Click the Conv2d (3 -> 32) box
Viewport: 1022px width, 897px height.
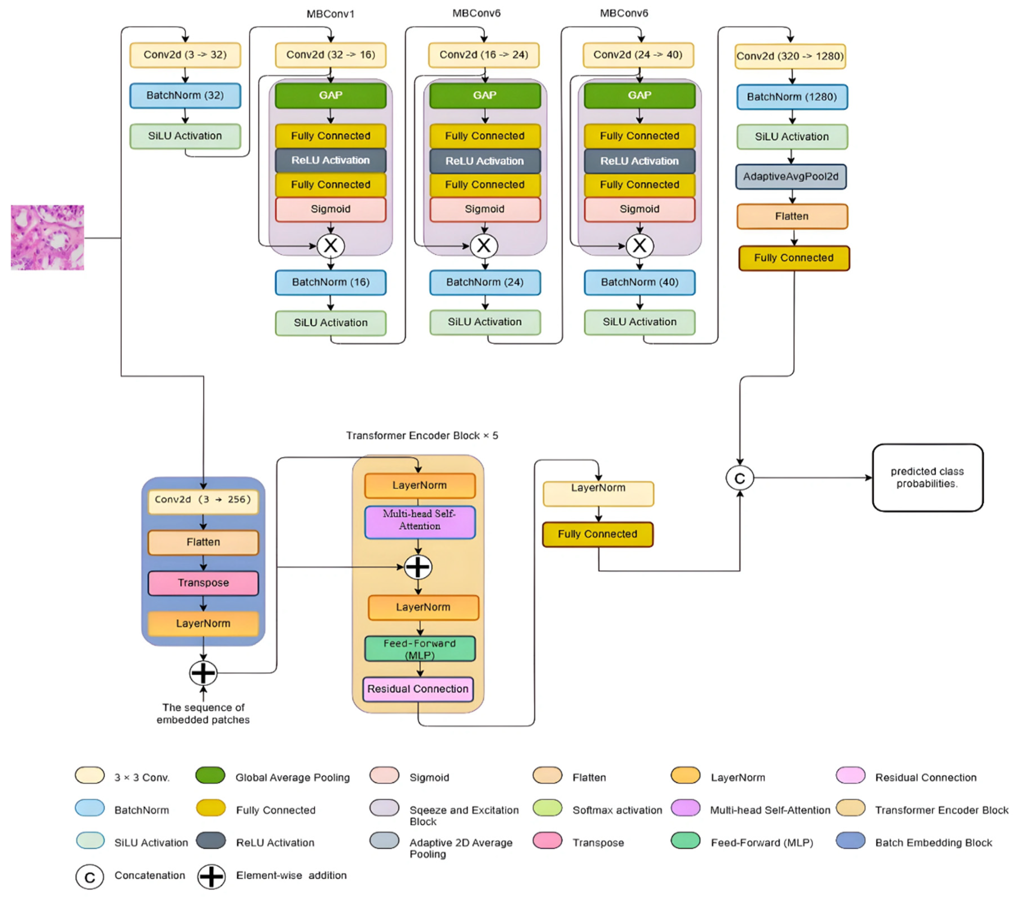185,55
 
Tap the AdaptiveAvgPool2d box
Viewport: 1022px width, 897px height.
791,176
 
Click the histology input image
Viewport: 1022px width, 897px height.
48,238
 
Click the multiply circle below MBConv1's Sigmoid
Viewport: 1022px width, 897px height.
331,246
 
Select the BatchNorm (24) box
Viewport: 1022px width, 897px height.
484,282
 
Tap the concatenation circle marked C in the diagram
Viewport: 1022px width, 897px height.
740,478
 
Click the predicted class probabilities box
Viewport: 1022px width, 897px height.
928,478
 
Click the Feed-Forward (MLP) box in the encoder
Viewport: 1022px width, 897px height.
419,649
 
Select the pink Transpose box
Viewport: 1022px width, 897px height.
203,583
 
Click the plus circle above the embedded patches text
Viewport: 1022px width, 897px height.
203,673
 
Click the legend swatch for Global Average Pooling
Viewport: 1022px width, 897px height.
210,775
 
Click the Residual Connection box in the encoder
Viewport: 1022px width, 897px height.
418,689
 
